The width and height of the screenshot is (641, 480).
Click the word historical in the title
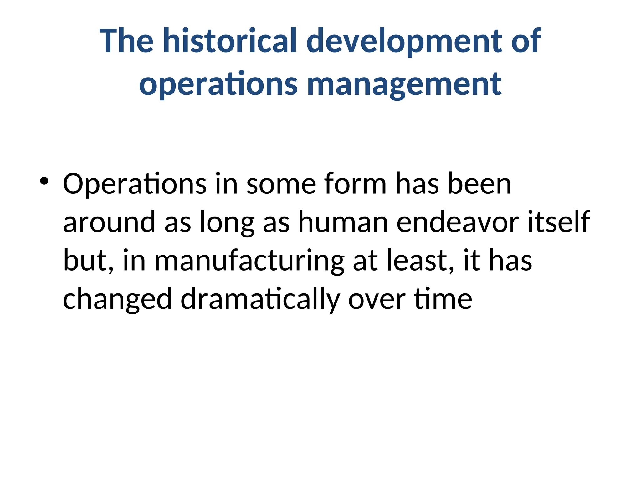(x=230, y=41)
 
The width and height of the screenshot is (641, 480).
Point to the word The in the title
(x=126, y=41)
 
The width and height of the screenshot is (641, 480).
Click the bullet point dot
(x=44, y=181)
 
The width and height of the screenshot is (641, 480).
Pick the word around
(x=109, y=222)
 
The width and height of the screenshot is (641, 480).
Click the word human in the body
(x=343, y=222)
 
